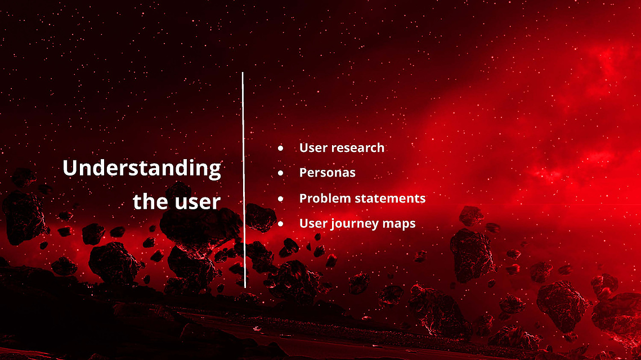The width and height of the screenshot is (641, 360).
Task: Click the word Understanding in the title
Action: click(x=142, y=169)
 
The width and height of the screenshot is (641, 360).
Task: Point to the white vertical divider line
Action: click(x=244, y=180)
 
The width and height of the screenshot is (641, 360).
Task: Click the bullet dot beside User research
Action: click(x=280, y=148)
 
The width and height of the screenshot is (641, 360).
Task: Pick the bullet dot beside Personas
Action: click(x=280, y=173)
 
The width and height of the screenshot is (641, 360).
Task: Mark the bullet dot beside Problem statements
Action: click(x=280, y=199)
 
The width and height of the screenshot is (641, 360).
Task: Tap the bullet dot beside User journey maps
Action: click(x=280, y=223)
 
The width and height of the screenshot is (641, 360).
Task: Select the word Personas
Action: click(x=328, y=173)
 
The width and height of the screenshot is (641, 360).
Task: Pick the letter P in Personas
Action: click(x=303, y=173)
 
